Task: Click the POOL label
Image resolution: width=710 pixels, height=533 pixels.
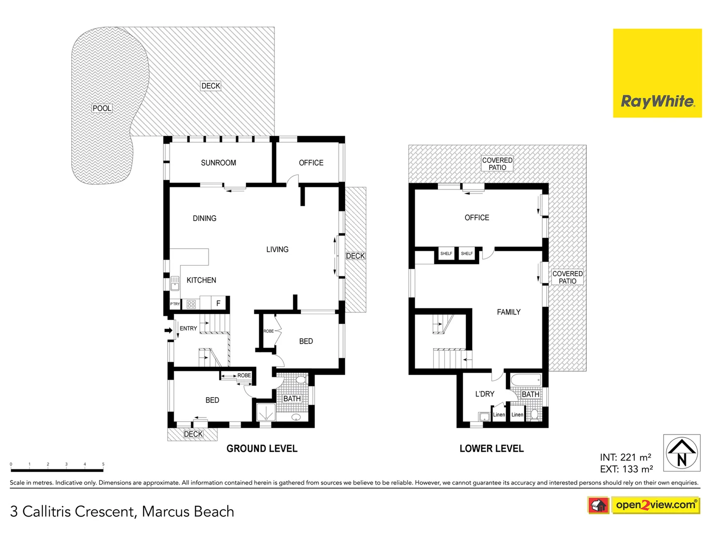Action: pos(102,108)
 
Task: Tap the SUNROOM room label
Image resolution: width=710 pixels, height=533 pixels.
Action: pos(218,163)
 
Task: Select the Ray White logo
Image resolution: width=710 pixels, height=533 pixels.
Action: pos(657,73)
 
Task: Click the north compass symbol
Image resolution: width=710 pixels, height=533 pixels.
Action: pos(682,453)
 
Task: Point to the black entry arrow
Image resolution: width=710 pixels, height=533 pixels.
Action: pos(168,330)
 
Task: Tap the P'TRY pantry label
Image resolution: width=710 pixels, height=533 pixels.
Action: pos(175,304)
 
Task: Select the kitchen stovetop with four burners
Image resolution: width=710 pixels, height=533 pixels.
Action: pos(191,304)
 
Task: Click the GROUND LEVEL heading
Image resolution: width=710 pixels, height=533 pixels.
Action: pos(262,449)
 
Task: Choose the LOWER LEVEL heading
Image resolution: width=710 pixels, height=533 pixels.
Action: pos(492,449)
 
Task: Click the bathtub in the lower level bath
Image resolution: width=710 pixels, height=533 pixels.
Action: pos(526,380)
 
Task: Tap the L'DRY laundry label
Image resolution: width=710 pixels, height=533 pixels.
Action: pos(485,394)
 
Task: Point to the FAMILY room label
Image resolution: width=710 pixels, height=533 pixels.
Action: pos(509,312)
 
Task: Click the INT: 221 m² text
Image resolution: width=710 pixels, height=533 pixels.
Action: pos(626,457)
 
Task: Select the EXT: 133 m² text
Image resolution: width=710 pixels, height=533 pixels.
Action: pos(626,469)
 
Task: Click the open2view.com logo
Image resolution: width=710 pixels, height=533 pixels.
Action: pos(655,505)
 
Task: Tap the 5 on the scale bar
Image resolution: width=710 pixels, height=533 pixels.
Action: pos(103,464)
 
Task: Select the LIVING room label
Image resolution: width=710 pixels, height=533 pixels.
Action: pos(277,250)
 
